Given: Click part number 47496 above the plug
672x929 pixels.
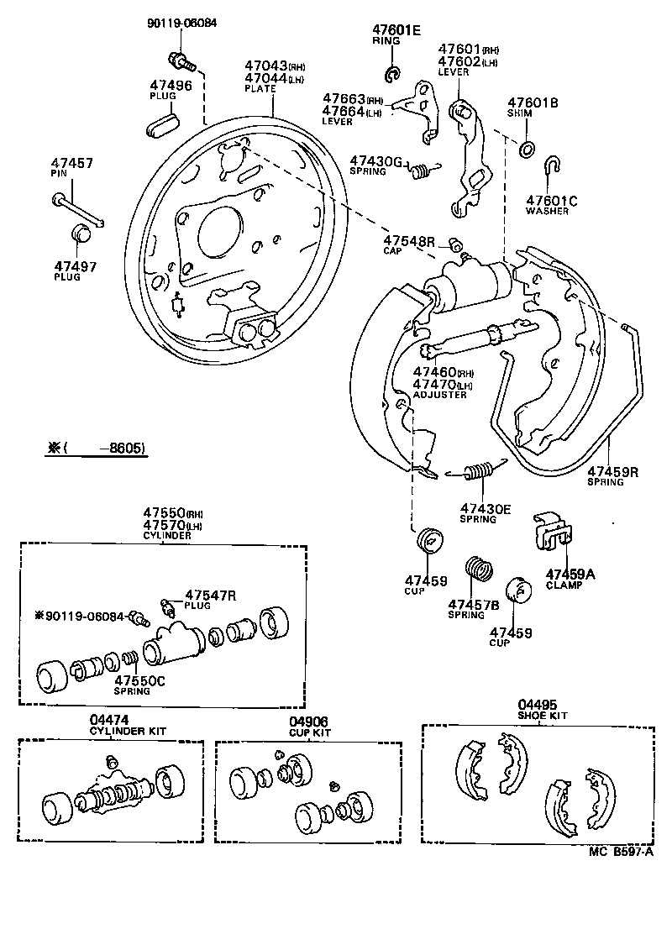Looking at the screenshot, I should click(x=171, y=85).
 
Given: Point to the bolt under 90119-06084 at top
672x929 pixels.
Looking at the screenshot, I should click(x=180, y=60).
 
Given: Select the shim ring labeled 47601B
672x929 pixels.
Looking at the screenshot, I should click(x=526, y=150).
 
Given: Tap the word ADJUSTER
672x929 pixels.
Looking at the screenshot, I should click(x=439, y=394).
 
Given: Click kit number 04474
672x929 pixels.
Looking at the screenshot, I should click(x=108, y=721).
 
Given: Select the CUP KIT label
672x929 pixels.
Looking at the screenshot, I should click(x=309, y=732).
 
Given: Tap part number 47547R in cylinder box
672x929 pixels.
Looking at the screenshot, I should click(x=210, y=596).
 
